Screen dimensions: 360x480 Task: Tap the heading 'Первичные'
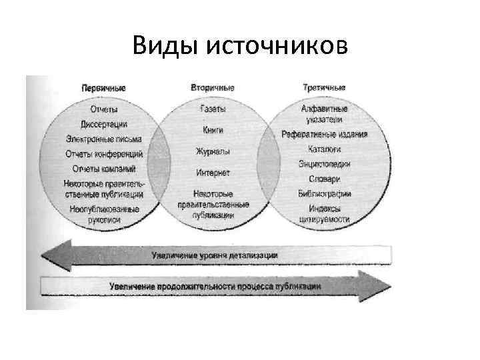click(103, 88)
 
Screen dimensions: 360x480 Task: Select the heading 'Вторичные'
click(213, 88)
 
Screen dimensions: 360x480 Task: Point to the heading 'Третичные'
click(324, 88)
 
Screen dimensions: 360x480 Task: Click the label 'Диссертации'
click(104, 124)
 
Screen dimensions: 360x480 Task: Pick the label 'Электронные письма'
click(104, 139)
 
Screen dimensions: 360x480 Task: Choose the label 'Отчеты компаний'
click(104, 169)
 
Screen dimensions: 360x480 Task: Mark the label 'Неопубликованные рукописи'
click(104, 214)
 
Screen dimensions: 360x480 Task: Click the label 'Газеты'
click(213, 108)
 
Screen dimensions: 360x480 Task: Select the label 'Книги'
click(213, 129)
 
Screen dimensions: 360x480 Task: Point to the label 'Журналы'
click(213, 151)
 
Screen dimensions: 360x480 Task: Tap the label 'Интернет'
click(213, 173)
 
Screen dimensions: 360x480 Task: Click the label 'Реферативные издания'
click(325, 134)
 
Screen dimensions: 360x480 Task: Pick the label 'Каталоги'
click(325, 149)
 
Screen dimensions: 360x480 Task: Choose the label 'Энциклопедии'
click(325, 164)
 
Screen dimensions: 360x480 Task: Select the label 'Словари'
click(325, 179)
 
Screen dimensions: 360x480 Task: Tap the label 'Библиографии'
click(325, 194)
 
